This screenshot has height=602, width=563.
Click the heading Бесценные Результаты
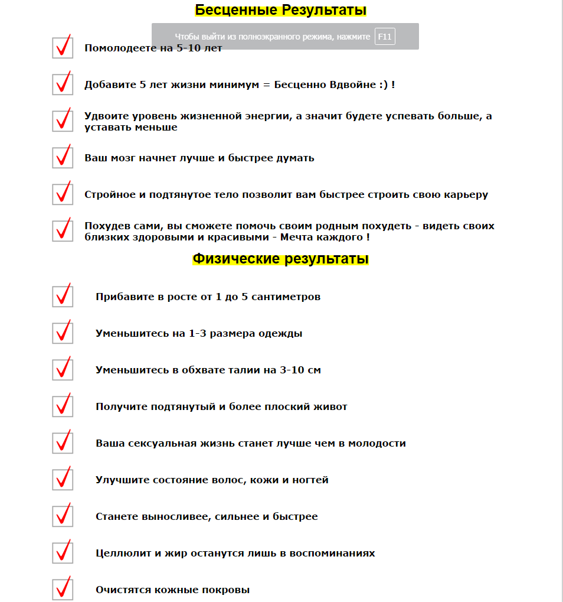(281, 10)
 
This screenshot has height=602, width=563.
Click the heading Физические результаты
(281, 259)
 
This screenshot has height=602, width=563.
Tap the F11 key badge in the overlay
(385, 37)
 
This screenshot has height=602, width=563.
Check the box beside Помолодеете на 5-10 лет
(63, 48)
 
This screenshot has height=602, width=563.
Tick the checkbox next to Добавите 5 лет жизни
(63, 84)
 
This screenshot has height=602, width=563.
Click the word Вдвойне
(355, 84)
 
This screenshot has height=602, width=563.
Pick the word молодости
(377, 443)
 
